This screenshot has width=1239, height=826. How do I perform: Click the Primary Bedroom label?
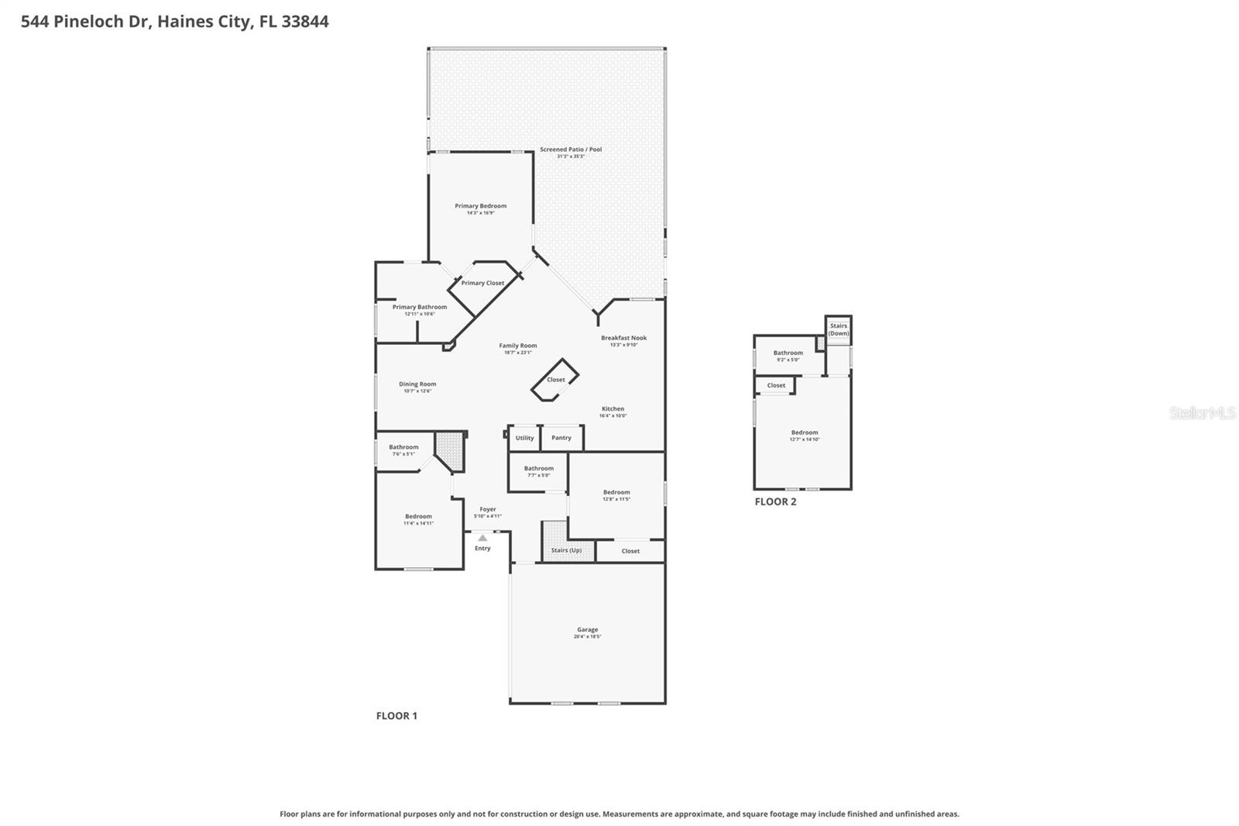(480, 206)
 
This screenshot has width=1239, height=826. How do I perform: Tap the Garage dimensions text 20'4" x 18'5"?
(587, 637)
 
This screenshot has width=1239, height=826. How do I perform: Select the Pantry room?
(561, 438)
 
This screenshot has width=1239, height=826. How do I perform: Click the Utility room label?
(524, 438)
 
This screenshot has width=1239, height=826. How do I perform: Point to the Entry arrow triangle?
(482, 538)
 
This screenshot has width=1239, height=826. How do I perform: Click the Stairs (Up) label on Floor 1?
(566, 550)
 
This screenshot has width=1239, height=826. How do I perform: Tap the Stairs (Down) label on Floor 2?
(839, 329)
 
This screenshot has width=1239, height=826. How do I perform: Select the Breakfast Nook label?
(623, 338)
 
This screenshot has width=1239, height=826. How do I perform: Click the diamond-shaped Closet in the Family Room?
(555, 380)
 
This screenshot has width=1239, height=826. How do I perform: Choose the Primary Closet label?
(482, 283)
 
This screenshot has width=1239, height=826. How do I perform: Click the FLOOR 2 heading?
(775, 501)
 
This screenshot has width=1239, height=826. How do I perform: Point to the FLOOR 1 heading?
(396, 715)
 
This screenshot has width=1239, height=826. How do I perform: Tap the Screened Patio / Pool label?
(571, 150)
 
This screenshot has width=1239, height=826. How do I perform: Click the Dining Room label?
(417, 384)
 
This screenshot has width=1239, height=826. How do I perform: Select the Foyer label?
(487, 509)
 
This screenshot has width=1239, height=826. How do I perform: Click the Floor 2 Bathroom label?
(788, 353)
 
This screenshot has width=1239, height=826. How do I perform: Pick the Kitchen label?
(613, 408)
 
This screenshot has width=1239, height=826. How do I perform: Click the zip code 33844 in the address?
(305, 21)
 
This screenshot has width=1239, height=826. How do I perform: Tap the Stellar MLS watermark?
(1202, 414)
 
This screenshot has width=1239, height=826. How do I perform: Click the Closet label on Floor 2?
(776, 385)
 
